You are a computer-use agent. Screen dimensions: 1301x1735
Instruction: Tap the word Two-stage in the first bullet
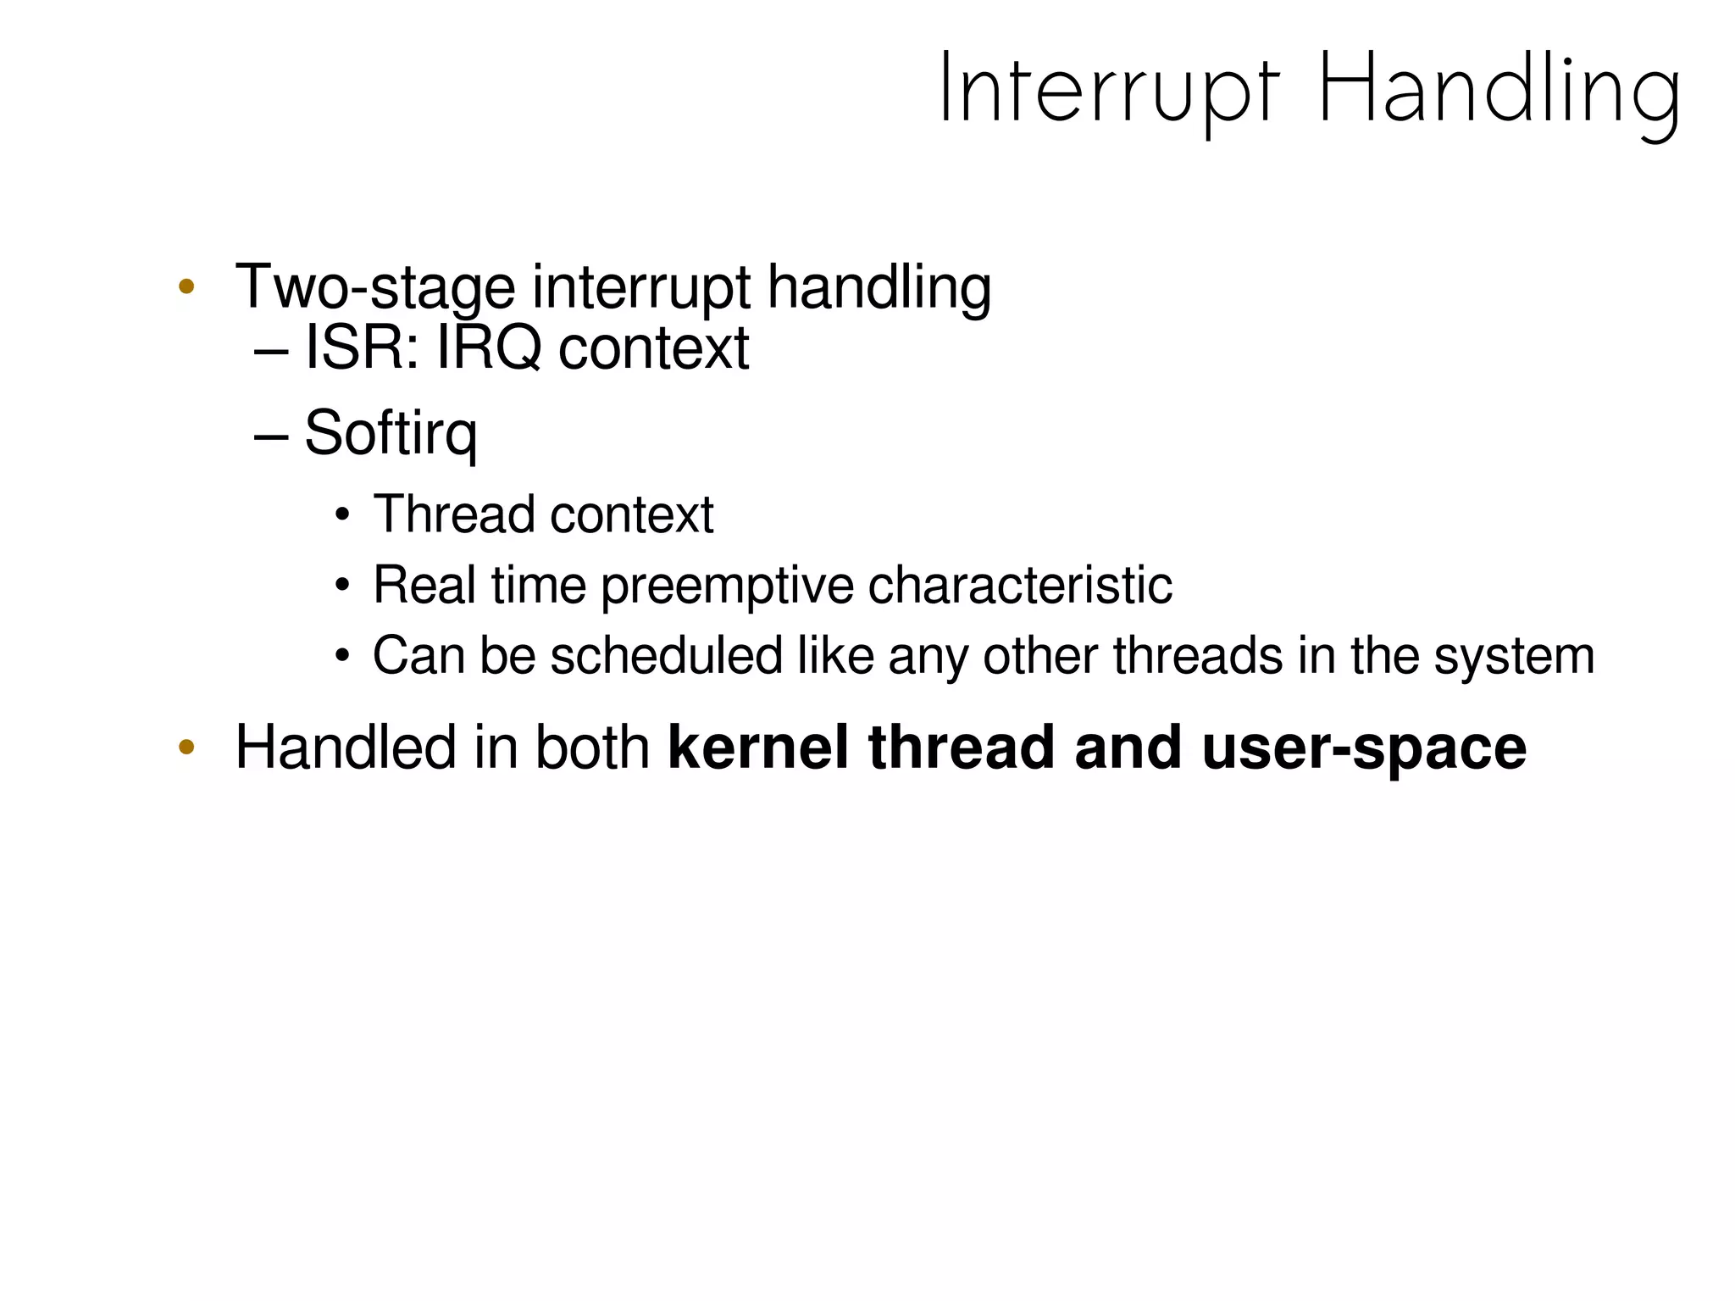pyautogui.click(x=374, y=288)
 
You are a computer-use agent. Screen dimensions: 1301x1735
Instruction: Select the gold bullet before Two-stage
pyautogui.click(x=186, y=286)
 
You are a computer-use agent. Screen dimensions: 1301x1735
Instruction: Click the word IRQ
pyautogui.click(x=488, y=348)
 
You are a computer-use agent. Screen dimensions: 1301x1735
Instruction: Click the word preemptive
pyautogui.click(x=727, y=586)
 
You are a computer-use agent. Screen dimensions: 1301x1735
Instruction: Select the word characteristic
pyautogui.click(x=1020, y=586)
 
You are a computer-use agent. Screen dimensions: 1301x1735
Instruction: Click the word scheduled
pyautogui.click(x=666, y=656)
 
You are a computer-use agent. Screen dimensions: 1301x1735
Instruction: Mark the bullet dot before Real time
pyautogui.click(x=342, y=586)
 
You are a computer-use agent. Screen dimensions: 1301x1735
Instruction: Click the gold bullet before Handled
pyautogui.click(x=186, y=748)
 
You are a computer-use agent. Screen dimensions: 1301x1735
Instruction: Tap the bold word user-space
pyautogui.click(x=1364, y=748)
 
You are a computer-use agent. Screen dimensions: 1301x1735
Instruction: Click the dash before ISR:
pyautogui.click(x=271, y=348)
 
